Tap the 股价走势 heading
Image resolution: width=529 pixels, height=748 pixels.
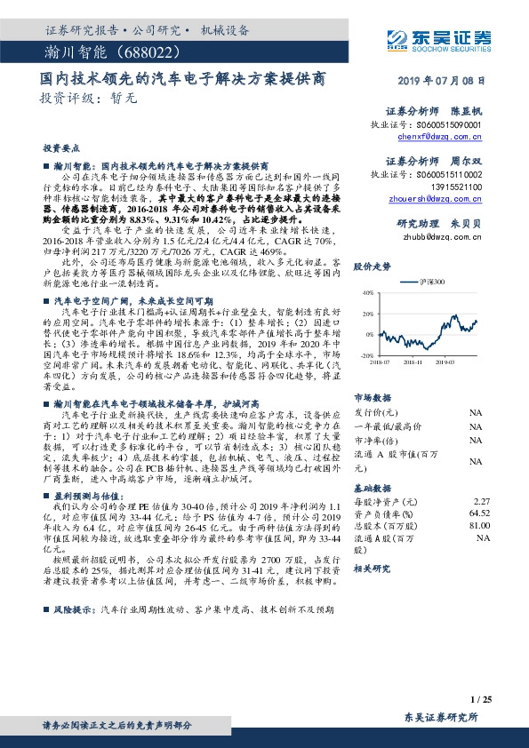(x=372, y=267)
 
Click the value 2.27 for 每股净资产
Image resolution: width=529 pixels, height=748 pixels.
(x=482, y=502)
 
